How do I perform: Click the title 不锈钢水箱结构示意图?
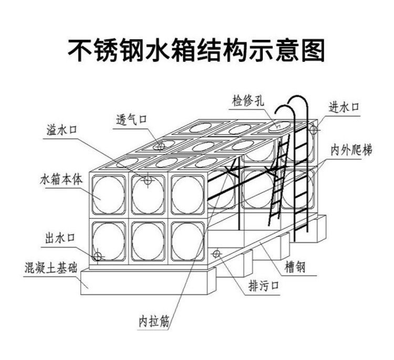196,50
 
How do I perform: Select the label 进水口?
344,107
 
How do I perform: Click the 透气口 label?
131,119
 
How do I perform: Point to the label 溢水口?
61,130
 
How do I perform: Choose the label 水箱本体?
61,180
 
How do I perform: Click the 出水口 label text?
60,238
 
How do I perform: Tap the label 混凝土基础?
51,268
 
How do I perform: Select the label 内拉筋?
154,321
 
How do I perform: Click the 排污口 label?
264,286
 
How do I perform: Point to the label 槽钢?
295,267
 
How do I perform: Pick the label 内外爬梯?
351,150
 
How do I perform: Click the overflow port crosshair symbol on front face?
148,180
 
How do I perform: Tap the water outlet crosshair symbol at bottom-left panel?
98,256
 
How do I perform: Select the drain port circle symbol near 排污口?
216,254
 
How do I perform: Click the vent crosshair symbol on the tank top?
161,146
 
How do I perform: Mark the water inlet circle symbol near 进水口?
314,130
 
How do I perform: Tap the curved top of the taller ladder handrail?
297,97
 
